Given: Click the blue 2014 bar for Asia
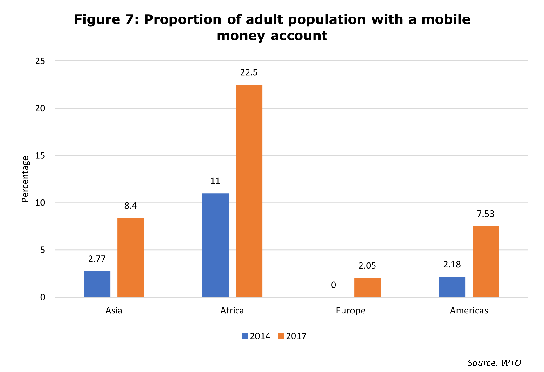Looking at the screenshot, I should point(97,284).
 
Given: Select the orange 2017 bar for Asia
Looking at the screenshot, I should point(131,257).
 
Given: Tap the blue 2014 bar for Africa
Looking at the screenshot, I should point(215,245).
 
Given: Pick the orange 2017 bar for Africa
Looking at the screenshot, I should point(249,190).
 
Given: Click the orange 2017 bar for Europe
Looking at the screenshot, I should point(367,287).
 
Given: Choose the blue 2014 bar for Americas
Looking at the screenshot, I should point(452,286).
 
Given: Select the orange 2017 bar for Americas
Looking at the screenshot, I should point(486,261).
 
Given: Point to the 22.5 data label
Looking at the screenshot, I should point(249,72).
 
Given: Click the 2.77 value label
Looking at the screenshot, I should point(97,259).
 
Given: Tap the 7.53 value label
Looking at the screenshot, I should point(486,214).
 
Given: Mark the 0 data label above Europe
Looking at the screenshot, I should point(333,285).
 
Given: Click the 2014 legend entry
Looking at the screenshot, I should point(256,336).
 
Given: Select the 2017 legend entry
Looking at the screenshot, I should point(292,336).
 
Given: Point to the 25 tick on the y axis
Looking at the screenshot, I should point(40,61).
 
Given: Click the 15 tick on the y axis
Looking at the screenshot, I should point(40,155).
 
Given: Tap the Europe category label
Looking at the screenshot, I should point(350,310).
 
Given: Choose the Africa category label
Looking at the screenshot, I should point(232,310).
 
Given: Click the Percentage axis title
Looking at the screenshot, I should point(25,179).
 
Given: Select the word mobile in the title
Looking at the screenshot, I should point(446,19).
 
